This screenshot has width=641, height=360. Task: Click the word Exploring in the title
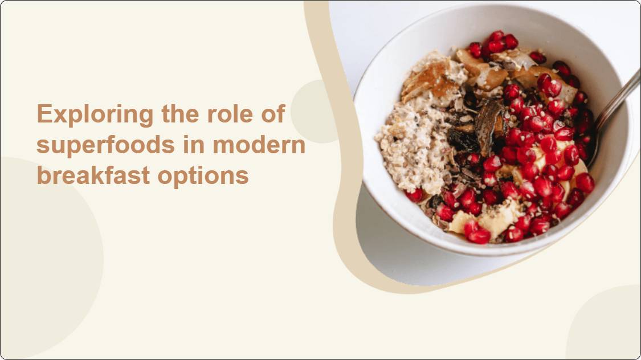(x=95, y=114)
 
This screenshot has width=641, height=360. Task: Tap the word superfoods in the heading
(x=105, y=145)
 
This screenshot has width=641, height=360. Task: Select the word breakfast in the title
(x=93, y=175)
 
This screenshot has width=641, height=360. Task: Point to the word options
(x=203, y=177)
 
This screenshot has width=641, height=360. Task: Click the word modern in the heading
(x=259, y=145)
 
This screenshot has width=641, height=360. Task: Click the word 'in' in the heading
(x=194, y=145)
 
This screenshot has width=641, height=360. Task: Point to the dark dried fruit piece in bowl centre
(x=490, y=126)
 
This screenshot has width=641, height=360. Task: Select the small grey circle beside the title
(x=315, y=112)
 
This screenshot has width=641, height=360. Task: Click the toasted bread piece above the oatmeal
(x=431, y=80)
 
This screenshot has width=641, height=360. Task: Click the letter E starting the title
(x=44, y=113)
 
